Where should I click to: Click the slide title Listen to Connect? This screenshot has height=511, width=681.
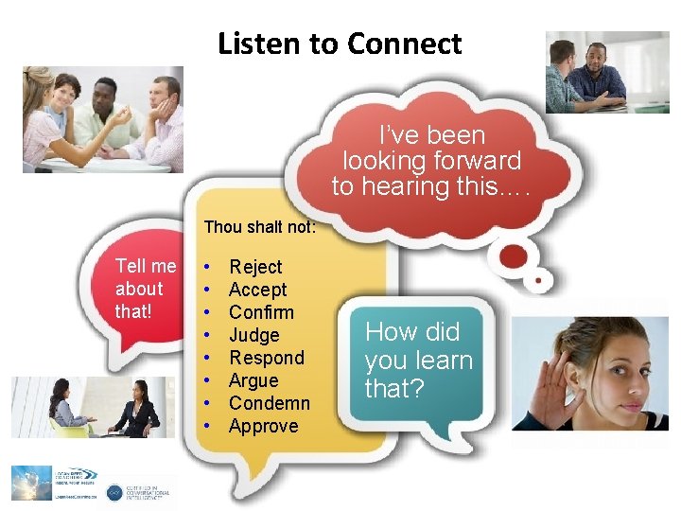pyautogui.click(x=340, y=44)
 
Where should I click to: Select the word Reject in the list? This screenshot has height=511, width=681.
pyautogui.click(x=255, y=267)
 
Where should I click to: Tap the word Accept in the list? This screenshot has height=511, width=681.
pyautogui.click(x=257, y=290)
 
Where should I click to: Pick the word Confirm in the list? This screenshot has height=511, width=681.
pyautogui.click(x=261, y=312)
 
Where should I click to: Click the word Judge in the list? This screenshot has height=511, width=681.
pyautogui.click(x=254, y=335)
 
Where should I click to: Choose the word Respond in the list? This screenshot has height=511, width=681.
pyautogui.click(x=267, y=358)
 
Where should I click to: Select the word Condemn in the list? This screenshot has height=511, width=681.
pyautogui.click(x=269, y=403)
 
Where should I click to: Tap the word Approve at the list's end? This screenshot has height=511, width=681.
pyautogui.click(x=263, y=426)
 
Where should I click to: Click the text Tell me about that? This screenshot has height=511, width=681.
pyautogui.click(x=145, y=289)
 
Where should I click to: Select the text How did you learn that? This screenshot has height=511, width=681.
pyautogui.click(x=418, y=360)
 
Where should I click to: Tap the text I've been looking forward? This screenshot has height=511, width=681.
pyautogui.click(x=431, y=161)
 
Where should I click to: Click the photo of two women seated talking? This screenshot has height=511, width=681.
pyautogui.click(x=92, y=408)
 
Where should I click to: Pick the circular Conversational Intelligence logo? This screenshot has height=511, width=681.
pyautogui.click(x=114, y=492)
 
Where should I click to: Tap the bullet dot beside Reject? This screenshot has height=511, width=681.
pyautogui.click(x=207, y=268)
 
